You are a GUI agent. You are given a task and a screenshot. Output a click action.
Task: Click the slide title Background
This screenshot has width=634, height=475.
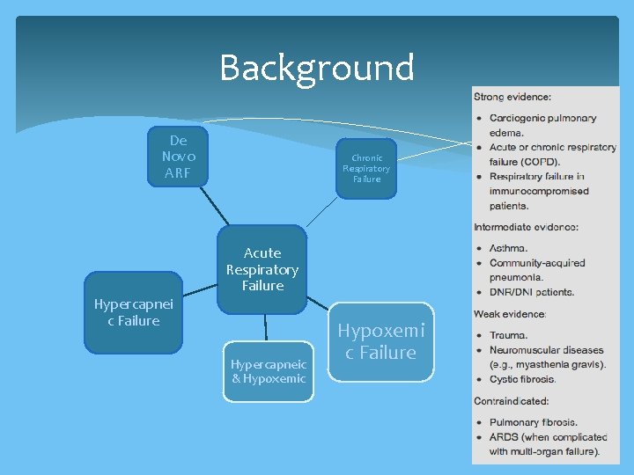tap(316, 68)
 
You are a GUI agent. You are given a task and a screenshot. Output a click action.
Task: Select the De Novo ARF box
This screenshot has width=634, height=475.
tap(179, 157)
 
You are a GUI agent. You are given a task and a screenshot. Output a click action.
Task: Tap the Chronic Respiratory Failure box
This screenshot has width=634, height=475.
tap(366, 168)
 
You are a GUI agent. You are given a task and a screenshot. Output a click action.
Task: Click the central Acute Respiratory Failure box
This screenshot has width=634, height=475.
tap(263, 269)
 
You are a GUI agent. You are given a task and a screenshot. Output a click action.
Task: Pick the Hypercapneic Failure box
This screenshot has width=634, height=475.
tap(133, 312)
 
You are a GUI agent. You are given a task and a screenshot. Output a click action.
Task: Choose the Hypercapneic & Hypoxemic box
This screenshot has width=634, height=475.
tap(268, 371)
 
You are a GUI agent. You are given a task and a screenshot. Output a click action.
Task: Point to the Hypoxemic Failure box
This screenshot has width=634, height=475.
tap(381, 341)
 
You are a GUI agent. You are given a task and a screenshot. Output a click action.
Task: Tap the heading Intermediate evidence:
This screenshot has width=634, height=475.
tap(526, 228)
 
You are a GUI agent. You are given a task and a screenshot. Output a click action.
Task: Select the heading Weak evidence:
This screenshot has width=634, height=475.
tap(510, 313)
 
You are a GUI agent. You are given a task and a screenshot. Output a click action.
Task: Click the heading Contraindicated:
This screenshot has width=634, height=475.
tap(511, 400)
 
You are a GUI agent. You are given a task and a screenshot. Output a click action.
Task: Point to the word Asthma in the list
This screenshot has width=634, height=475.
tap(509, 248)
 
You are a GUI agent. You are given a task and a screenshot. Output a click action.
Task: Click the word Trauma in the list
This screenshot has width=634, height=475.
tap(509, 335)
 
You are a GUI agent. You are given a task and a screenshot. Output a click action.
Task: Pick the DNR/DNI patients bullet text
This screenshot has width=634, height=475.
tap(532, 292)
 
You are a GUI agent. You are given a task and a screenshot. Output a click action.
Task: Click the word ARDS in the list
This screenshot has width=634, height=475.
tap(506, 437)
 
